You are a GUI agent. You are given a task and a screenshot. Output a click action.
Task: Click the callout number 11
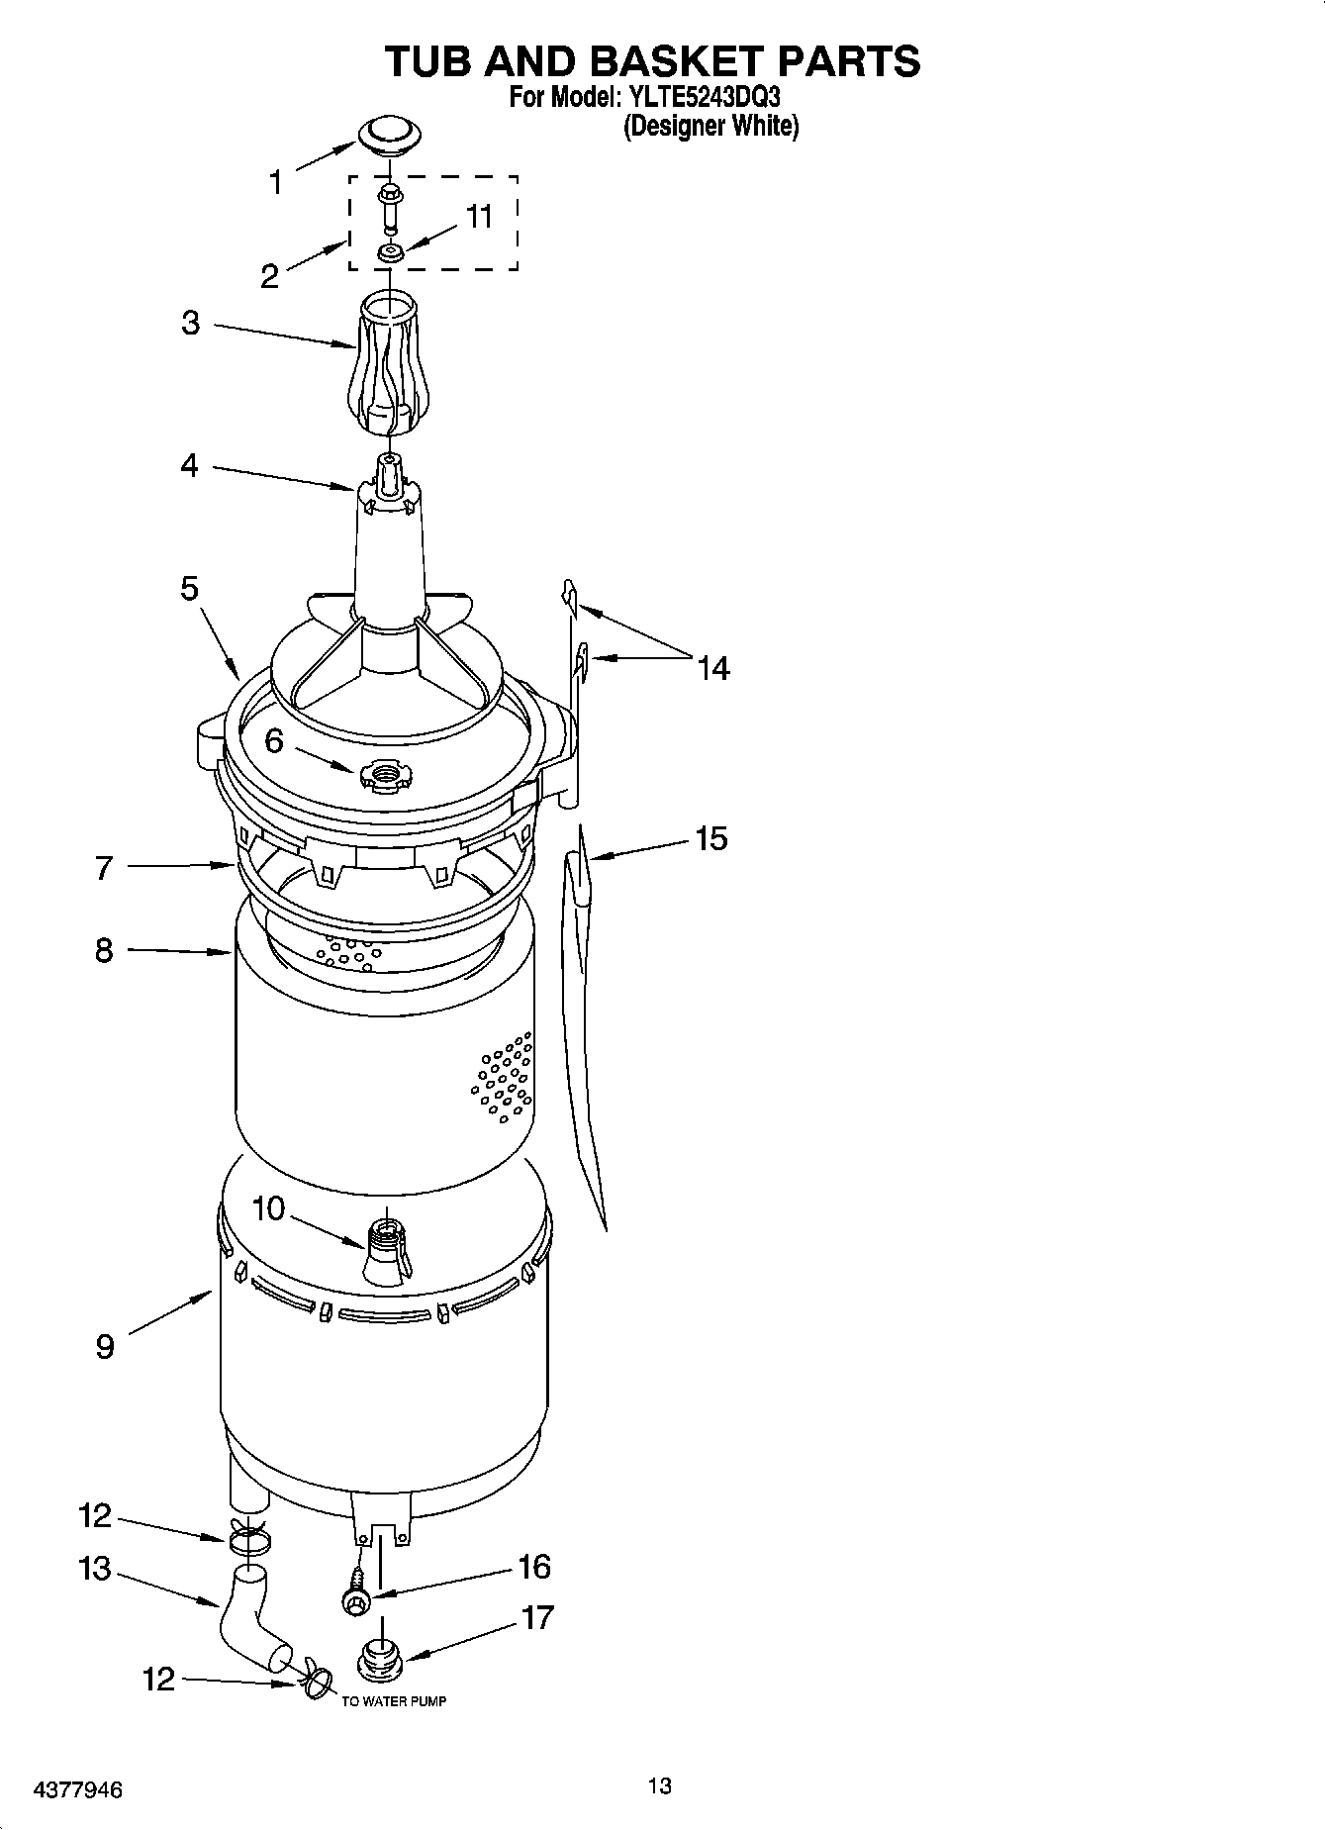(480, 217)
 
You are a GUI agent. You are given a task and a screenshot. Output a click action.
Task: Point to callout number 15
(710, 838)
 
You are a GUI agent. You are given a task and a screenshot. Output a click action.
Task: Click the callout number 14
(712, 669)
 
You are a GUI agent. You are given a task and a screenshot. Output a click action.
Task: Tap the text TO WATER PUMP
(394, 1701)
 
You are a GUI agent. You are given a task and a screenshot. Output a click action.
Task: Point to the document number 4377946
(78, 1790)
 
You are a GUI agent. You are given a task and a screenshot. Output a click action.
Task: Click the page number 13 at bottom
(660, 1785)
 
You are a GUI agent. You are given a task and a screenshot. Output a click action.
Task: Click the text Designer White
(710, 127)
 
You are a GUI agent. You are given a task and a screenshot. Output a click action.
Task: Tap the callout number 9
(105, 1346)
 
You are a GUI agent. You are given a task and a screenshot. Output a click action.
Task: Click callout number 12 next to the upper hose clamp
(95, 1515)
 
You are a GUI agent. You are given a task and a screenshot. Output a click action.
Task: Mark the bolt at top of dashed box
(389, 196)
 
